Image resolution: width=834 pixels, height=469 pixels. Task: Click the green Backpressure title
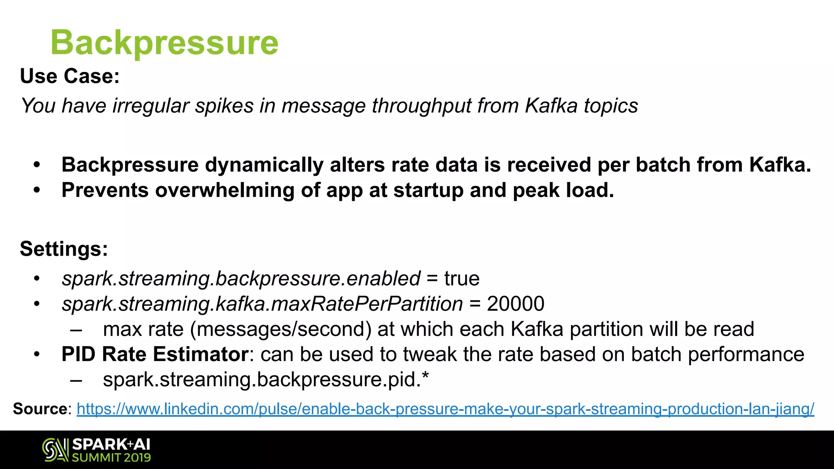[x=164, y=43]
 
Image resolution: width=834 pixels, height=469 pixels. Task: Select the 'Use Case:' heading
[x=70, y=76]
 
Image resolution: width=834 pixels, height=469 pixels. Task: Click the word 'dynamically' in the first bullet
[x=264, y=165]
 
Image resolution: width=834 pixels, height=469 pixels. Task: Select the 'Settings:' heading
[x=64, y=249]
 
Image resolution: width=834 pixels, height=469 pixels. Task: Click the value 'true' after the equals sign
[x=462, y=279]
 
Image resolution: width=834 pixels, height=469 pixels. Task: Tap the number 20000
[x=516, y=304]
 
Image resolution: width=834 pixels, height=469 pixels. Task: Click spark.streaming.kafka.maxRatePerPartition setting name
[x=262, y=304]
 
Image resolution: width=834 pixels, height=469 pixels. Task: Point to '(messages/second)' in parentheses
[x=281, y=329]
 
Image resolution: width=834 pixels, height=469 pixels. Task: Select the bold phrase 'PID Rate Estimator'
[x=155, y=354]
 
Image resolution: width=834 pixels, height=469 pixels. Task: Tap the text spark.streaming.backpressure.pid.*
[x=266, y=379]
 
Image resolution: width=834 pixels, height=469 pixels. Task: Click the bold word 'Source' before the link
[x=40, y=408]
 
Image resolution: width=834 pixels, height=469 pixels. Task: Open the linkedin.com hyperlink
[x=445, y=409]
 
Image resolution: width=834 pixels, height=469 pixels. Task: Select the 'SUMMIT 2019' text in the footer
[x=111, y=458]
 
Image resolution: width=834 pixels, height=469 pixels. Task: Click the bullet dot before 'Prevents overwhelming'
[x=37, y=190]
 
